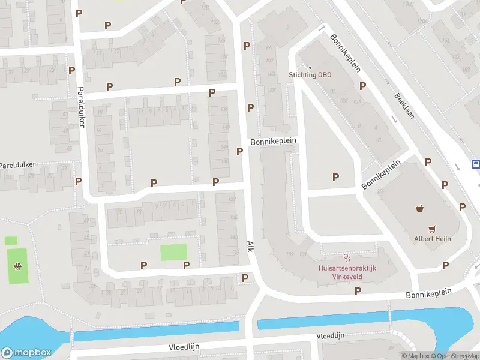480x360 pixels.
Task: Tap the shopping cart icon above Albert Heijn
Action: (431, 228)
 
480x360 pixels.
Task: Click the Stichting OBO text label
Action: (310, 75)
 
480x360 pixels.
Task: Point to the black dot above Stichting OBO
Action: (310, 67)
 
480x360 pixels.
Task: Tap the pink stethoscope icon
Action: (346, 257)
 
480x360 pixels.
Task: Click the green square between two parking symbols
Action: (173, 252)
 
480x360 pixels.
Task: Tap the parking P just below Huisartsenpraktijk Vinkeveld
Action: (358, 291)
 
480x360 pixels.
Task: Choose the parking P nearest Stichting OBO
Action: (362, 86)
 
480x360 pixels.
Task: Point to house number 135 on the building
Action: (272, 89)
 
